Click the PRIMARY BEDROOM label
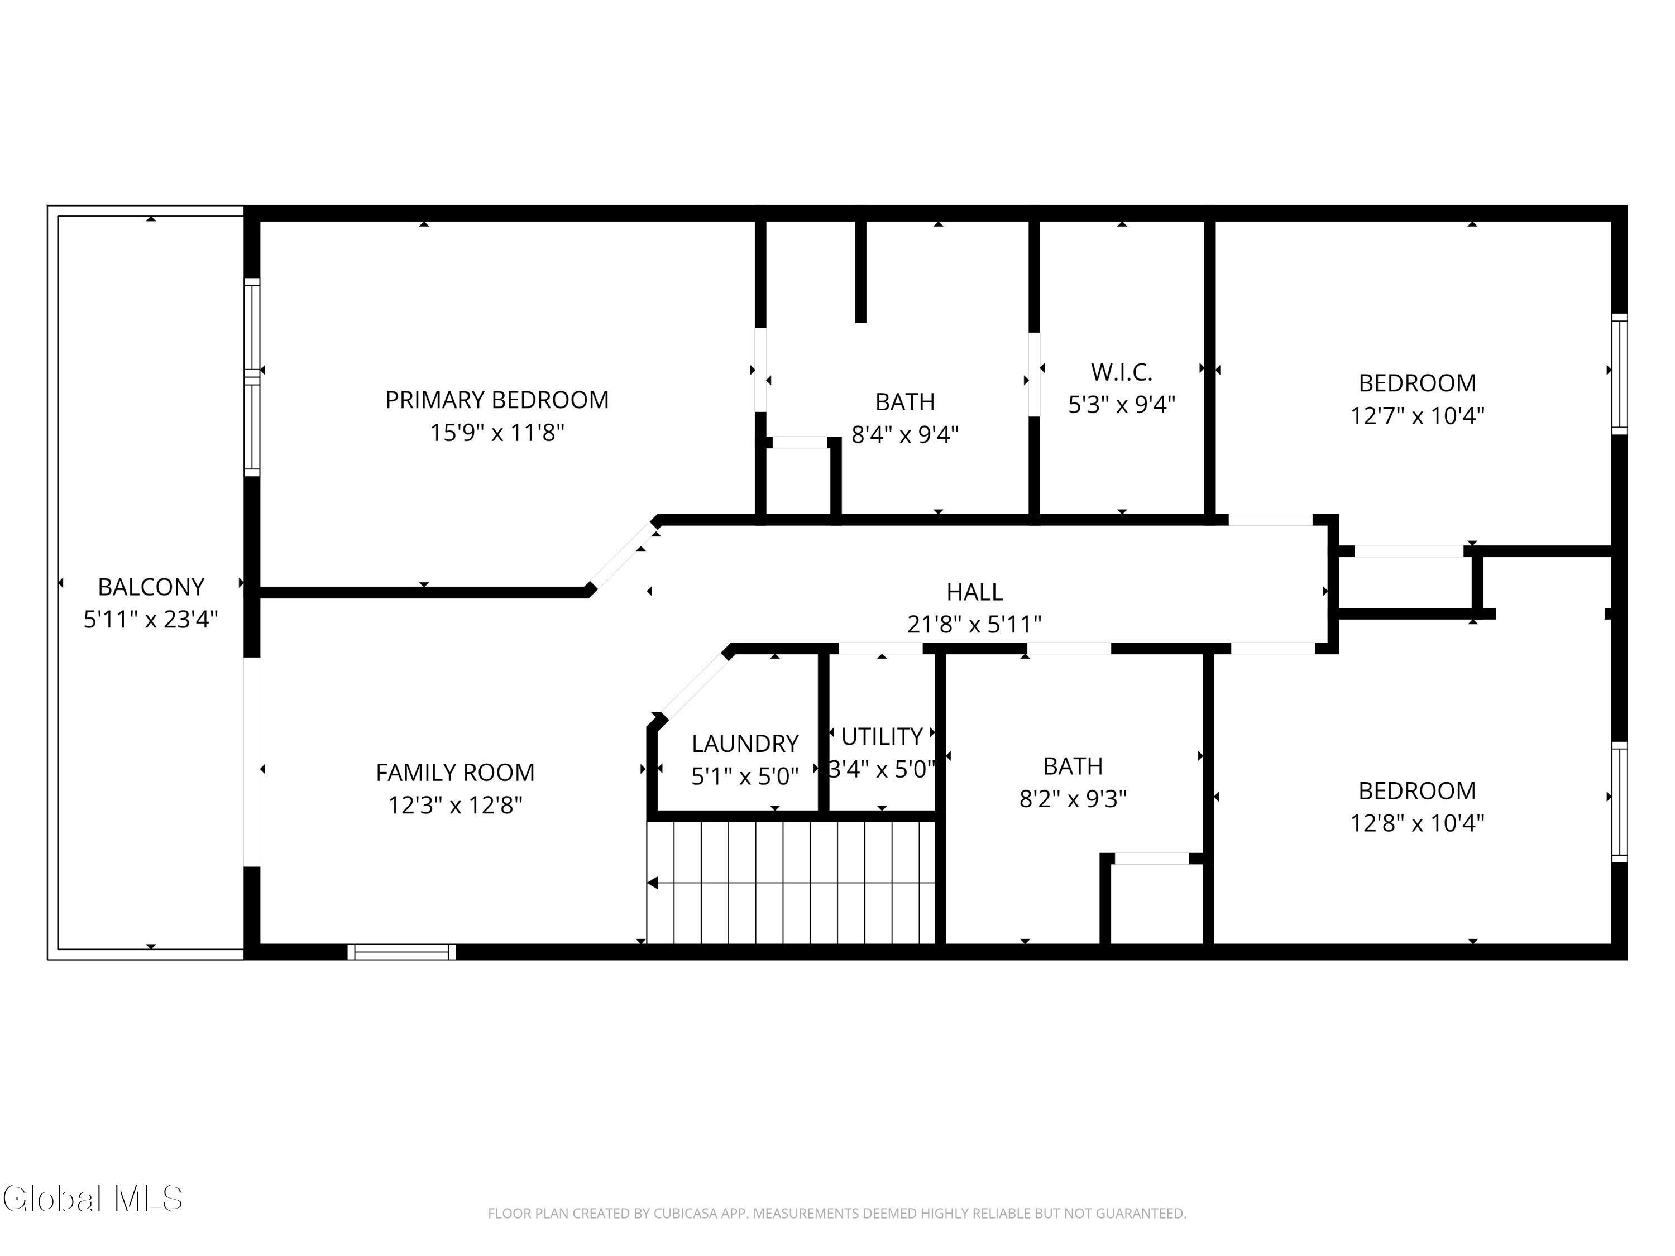tap(497, 400)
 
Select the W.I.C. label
tap(1122, 372)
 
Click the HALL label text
tap(974, 592)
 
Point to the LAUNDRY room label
tap(745, 744)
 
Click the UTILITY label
tap(882, 737)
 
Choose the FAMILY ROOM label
tap(455, 772)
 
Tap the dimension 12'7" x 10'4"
tap(1417, 416)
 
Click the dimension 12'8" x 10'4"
tap(1417, 823)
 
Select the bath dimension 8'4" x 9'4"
tap(905, 434)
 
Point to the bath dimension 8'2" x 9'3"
tap(1073, 799)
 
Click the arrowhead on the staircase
tap(653, 883)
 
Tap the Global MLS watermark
tap(92, 1199)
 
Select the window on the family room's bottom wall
tap(401, 952)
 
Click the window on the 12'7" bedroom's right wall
tap(1619, 374)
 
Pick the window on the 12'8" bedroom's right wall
tap(1619, 802)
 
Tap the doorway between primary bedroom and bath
tap(760, 370)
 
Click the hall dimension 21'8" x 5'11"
tap(974, 625)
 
